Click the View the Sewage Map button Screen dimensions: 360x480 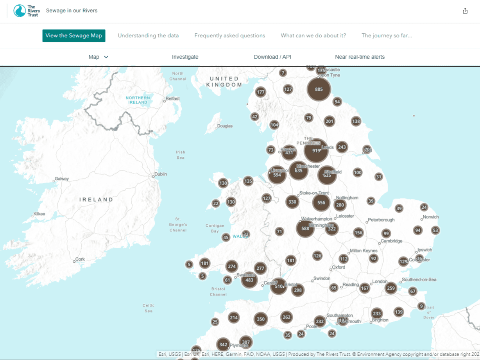tap(74, 36)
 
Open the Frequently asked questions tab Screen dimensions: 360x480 tap(229, 36)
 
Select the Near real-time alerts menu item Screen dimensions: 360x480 tap(360, 57)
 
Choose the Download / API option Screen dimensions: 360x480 tap(272, 57)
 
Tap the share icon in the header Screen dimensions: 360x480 tap(465, 11)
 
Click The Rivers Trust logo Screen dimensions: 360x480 tap(27, 11)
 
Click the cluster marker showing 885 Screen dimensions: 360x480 tap(319, 90)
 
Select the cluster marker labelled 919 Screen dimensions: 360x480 tap(316, 150)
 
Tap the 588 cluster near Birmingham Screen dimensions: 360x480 tap(305, 229)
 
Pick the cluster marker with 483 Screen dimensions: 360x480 tap(249, 280)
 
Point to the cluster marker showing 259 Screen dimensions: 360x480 tap(390, 288)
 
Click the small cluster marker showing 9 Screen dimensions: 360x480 tap(421, 306)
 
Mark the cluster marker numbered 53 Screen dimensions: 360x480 tap(435, 230)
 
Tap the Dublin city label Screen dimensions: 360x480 tap(161, 174)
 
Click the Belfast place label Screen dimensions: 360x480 tap(172, 99)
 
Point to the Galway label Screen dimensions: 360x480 tap(62, 179)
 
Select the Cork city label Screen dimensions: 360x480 tap(80, 259)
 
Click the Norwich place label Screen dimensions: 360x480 tap(431, 217)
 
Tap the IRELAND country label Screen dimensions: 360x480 tap(96, 200)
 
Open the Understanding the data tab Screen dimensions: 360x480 tap(148, 36)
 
